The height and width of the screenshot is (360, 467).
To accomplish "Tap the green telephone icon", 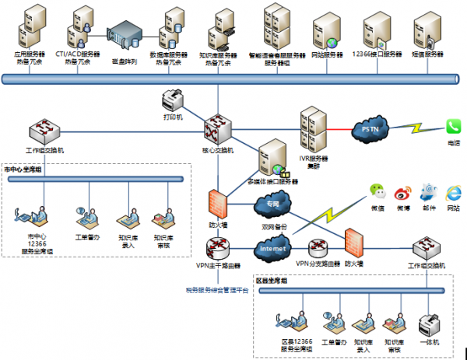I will (454, 127).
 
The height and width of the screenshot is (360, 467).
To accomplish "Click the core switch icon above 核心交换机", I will (216, 127).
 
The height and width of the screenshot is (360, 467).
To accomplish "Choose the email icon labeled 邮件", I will (427, 191).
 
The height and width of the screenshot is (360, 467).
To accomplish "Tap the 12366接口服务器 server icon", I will (377, 30).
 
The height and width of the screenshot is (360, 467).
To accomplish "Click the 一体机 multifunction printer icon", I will (430, 323).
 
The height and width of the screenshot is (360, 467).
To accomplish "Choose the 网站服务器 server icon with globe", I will (327, 31).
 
